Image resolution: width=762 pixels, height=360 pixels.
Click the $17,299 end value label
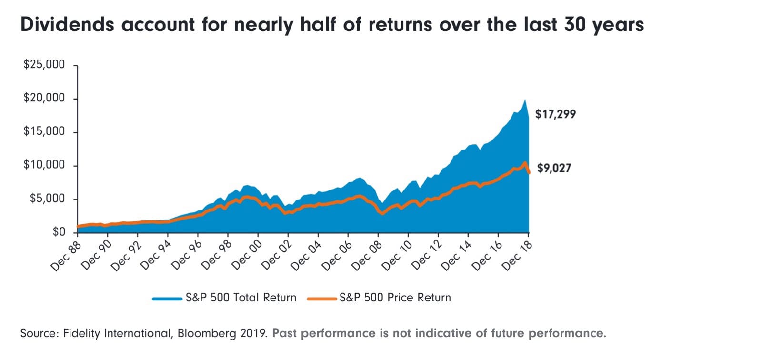click(x=555, y=114)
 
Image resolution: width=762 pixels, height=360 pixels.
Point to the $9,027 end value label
click(x=554, y=168)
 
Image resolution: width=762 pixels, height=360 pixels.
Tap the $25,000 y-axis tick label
click(x=44, y=65)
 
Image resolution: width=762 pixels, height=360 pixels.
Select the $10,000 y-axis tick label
click(x=44, y=165)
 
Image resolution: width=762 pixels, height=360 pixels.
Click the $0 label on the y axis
click(x=59, y=232)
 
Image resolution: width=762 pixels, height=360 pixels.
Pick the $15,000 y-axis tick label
click(x=44, y=131)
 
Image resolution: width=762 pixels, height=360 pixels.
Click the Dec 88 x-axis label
click(x=67, y=257)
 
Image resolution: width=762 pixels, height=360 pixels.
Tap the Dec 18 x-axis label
click(x=517, y=257)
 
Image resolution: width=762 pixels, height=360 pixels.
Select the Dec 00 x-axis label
click(x=247, y=257)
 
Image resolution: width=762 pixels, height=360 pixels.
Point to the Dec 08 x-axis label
click(x=367, y=257)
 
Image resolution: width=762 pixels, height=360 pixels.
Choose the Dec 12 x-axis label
click(x=427, y=257)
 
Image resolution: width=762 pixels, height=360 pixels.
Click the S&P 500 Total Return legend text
click(x=241, y=298)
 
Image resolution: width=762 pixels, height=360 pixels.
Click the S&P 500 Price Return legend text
click(x=395, y=298)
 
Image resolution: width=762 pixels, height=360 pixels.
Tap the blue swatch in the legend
click(x=167, y=299)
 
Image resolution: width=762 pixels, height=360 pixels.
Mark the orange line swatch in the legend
click(x=322, y=299)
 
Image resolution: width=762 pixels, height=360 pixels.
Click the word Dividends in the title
click(x=67, y=24)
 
